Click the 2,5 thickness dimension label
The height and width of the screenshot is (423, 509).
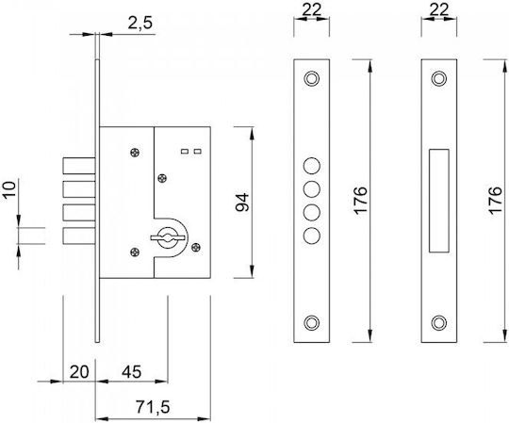point(140,23)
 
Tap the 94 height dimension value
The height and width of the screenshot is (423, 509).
point(242,203)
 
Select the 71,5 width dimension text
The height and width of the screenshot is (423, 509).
point(153,407)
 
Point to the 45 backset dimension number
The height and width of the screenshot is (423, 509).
point(131,372)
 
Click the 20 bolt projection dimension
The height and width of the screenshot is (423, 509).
point(79,372)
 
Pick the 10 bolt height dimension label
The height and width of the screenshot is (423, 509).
point(9,190)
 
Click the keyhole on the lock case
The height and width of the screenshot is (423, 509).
point(168,238)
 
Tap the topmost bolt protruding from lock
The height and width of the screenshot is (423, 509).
point(79,166)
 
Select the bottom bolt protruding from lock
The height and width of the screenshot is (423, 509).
point(79,236)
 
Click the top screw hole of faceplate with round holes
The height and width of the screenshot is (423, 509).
point(311,78)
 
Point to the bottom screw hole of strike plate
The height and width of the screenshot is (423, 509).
point(438,322)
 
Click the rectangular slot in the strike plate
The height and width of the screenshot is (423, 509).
point(439,201)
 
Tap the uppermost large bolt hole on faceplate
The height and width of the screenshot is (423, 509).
point(312,166)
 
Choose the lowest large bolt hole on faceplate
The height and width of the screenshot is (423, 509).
point(312,236)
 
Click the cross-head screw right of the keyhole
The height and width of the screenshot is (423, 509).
point(196,248)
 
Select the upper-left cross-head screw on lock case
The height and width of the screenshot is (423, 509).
point(135,152)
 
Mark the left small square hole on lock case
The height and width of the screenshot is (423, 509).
point(185,151)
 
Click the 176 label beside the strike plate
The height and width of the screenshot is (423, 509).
point(496,200)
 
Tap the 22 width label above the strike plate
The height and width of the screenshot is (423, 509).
point(438,9)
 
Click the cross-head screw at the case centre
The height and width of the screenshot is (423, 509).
point(162,178)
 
